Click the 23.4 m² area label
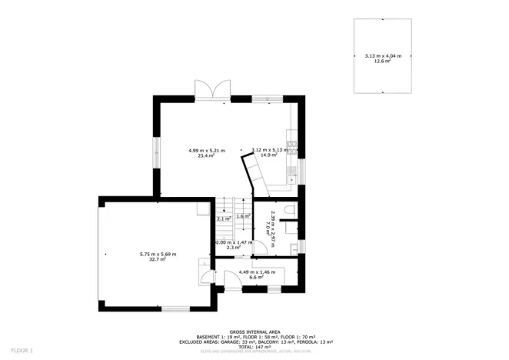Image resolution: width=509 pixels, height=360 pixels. pos(206,156)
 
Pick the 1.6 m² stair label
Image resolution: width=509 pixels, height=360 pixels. pos(241,217)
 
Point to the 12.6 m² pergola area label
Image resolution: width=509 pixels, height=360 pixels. pos(382,60)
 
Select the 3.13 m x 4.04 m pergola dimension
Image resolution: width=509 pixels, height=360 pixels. pos(382,55)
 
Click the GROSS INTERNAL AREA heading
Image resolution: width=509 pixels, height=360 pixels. pos(254,332)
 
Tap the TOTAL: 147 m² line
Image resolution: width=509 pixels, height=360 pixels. pos(254,348)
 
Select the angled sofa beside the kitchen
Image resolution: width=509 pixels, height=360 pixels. pos(254,174)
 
